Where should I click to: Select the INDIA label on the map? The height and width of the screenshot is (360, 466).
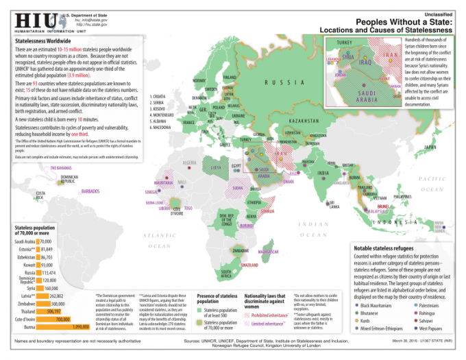323,172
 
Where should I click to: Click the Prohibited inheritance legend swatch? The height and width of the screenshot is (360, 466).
247,315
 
